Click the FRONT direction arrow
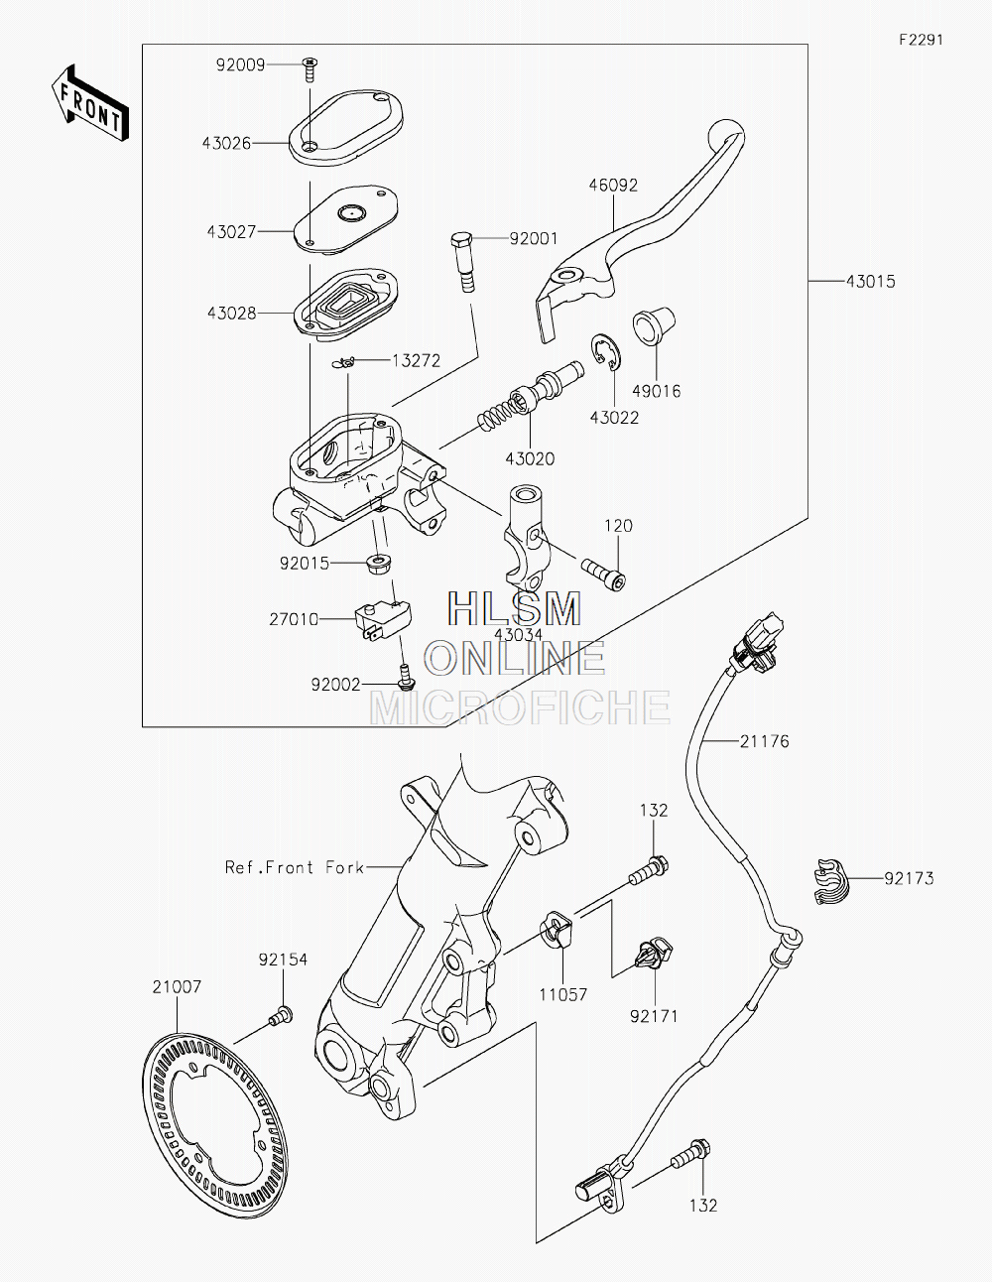[x=89, y=104]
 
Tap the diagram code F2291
[x=921, y=40]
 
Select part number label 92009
[x=241, y=64]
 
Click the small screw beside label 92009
[x=310, y=69]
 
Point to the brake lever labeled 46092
[x=637, y=230]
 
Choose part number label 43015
[x=871, y=282]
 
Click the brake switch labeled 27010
[x=383, y=620]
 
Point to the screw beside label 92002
[x=406, y=676]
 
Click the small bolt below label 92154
[x=281, y=1016]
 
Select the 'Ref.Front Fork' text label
[x=295, y=867]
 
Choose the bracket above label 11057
[x=557, y=929]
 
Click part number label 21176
[x=765, y=741]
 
